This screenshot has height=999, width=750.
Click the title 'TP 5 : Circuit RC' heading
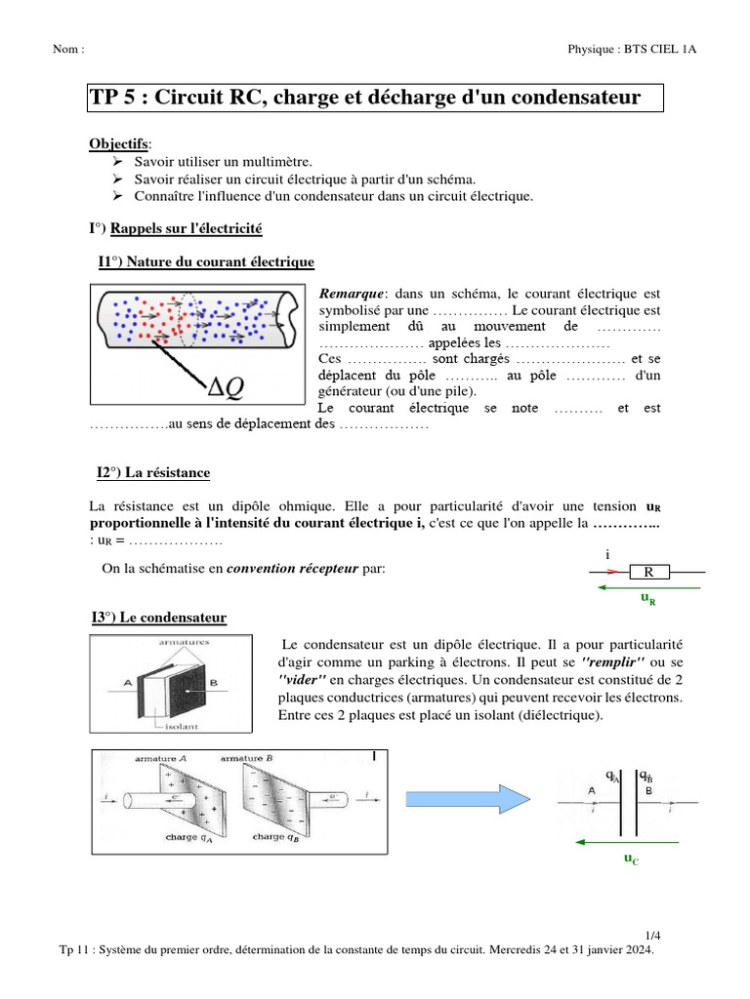coord(365,98)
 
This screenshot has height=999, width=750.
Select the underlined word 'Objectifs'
coord(114,143)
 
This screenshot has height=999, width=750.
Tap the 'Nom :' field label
coord(68,49)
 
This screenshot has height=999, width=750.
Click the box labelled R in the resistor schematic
coord(646,573)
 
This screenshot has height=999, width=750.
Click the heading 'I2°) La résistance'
coord(153,473)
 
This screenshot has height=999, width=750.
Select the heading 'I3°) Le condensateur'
coord(158,618)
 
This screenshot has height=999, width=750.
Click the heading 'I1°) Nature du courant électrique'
coord(206,261)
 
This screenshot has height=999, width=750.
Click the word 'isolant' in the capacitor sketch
coord(157,726)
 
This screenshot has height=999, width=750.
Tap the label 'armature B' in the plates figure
coord(249,758)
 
